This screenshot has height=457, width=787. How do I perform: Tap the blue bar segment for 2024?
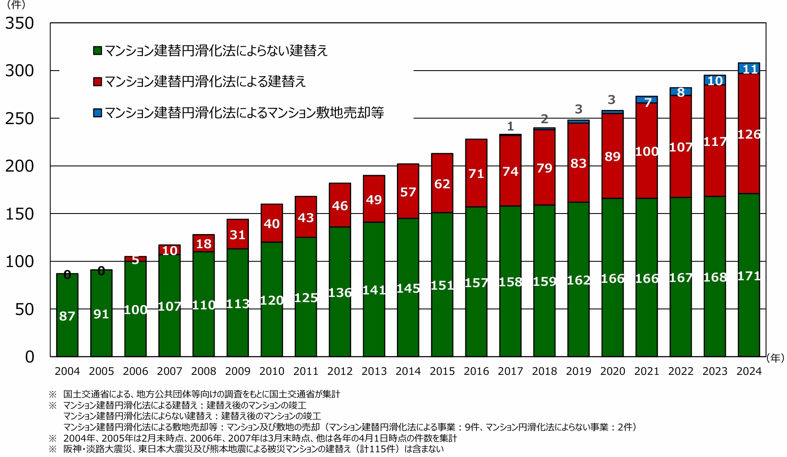pyautogui.click(x=749, y=68)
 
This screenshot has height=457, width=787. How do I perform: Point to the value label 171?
pyautogui.click(x=749, y=276)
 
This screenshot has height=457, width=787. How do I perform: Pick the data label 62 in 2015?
pyautogui.click(x=442, y=184)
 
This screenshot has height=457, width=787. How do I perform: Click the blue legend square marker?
pyautogui.click(x=98, y=113)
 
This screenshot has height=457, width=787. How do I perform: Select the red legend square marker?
pyautogui.click(x=98, y=81)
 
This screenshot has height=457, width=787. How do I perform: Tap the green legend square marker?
pyautogui.click(x=98, y=50)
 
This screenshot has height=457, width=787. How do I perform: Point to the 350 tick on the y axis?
pyautogui.click(x=20, y=23)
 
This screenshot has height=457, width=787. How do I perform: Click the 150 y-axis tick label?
pyautogui.click(x=20, y=214)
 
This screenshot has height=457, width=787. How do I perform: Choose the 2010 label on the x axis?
pyautogui.click(x=272, y=371)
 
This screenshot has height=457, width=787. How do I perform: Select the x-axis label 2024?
pyautogui.click(x=749, y=371)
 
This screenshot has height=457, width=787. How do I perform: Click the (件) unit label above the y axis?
pyautogui.click(x=16, y=5)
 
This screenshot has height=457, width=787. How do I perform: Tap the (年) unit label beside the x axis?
pyautogui.click(x=775, y=358)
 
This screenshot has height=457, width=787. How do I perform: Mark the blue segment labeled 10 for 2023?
pyautogui.click(x=715, y=80)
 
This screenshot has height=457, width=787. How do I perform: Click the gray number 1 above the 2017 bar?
pyautogui.click(x=510, y=126)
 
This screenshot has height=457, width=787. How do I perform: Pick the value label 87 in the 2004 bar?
pyautogui.click(x=67, y=316)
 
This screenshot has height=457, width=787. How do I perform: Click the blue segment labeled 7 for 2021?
pyautogui.click(x=647, y=100)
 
